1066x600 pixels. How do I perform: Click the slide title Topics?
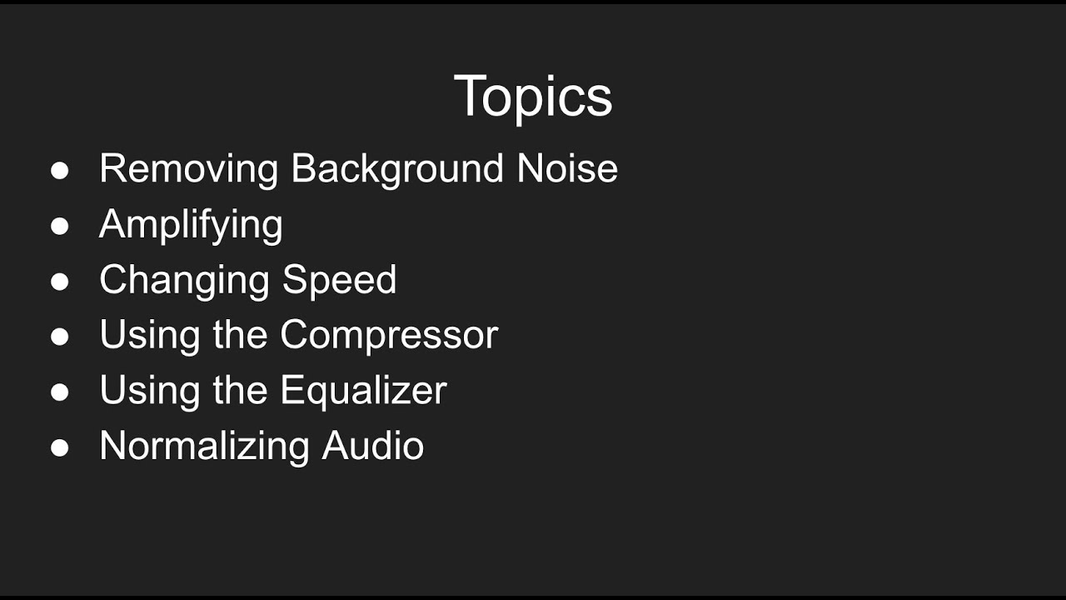click(533, 96)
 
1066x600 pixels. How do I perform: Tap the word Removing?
click(189, 168)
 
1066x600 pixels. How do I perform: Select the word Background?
click(397, 169)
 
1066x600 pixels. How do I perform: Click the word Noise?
click(567, 168)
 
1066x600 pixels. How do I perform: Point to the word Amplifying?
click(191, 225)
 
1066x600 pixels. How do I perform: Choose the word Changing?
click(185, 281)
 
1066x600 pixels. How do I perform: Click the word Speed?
click(339, 280)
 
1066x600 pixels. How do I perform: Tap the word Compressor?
click(389, 335)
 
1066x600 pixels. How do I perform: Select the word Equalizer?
click(363, 390)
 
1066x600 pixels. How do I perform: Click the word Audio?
click(373, 446)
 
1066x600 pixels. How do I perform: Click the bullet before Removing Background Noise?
click(60, 171)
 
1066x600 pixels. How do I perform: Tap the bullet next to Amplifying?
click(60, 226)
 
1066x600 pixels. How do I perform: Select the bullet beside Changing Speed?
click(60, 282)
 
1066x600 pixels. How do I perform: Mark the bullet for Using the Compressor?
click(60, 337)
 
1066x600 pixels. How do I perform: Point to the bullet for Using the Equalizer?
click(60, 392)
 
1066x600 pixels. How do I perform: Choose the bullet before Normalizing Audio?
click(60, 447)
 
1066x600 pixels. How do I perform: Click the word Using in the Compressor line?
click(150, 336)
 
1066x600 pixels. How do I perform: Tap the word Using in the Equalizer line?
click(150, 391)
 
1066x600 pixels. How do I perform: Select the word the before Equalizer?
click(240, 390)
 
